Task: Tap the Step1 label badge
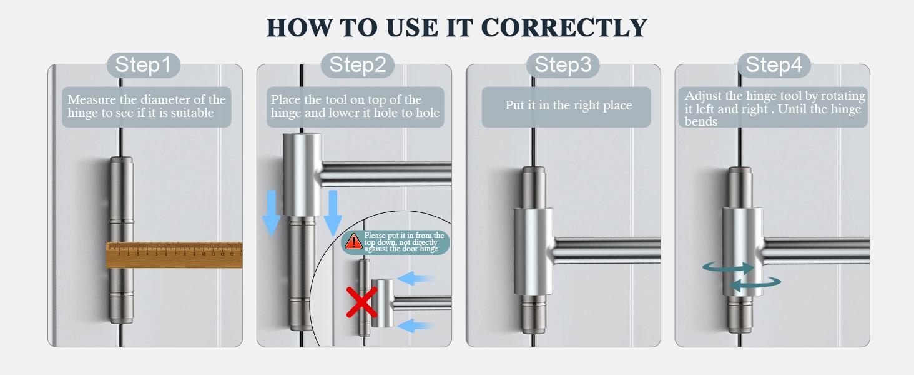(143, 65)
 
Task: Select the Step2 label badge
(358, 65)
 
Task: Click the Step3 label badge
(563, 65)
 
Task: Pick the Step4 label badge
(774, 65)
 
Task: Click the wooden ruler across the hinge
(174, 255)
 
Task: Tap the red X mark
(362, 302)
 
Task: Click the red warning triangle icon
(353, 241)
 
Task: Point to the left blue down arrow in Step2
(272, 213)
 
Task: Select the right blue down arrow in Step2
(333, 213)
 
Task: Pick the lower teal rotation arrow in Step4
(755, 283)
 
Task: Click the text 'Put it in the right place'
(568, 106)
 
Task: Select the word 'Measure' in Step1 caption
(92, 99)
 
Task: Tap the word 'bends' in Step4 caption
(700, 122)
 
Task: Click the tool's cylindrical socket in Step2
(302, 174)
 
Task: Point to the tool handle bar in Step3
(607, 250)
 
